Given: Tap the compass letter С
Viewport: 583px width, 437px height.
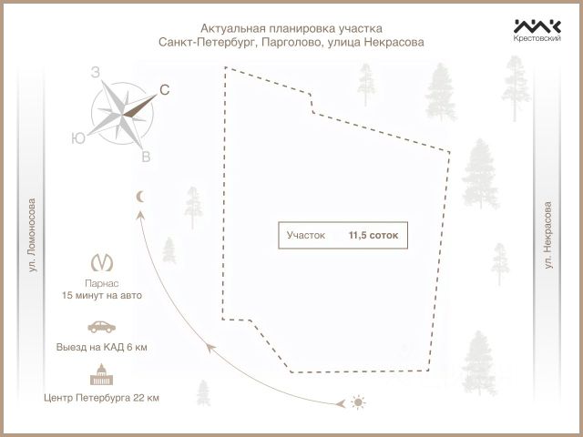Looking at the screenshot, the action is coord(165,89).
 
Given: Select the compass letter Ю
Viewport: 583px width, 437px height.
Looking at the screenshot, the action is coord(78,138).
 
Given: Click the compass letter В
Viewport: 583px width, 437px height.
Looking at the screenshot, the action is coord(146,158).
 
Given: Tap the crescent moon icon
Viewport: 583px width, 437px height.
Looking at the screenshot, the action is coord(139,196).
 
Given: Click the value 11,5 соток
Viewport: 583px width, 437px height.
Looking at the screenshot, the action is coord(373,235).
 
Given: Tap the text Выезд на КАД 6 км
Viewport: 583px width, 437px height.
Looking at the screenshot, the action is coord(102,348).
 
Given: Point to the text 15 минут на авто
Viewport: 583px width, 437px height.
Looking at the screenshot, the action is coord(102,296).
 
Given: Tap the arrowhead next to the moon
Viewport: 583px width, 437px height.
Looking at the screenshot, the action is coord(140,214).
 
